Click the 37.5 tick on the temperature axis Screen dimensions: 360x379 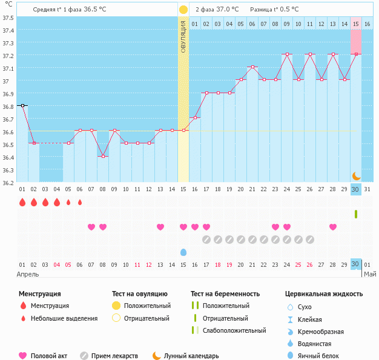pos(8,17)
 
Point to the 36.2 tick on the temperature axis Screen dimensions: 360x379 pos(8,182)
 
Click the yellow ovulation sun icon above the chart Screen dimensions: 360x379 pos(183,10)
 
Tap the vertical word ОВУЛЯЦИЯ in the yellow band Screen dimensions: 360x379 pos(183,36)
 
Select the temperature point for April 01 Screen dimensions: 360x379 pos(22,105)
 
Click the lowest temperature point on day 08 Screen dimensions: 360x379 pos(103,156)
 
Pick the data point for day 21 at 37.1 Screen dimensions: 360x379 pos(252,67)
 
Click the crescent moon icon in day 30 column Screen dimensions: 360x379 pos(356,175)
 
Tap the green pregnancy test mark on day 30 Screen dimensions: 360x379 pos(356,214)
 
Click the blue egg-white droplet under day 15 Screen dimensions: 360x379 pos(183,252)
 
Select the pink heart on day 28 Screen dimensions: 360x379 pos(333,227)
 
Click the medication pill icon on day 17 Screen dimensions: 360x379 pos(206,240)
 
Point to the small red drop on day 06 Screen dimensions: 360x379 pos(79,202)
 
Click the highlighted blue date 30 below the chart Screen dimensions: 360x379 pos(356,264)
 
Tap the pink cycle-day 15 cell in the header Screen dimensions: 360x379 pos(356,24)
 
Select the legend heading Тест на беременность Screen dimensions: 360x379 pos(225,294)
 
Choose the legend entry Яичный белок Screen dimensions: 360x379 pos(323,356)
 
